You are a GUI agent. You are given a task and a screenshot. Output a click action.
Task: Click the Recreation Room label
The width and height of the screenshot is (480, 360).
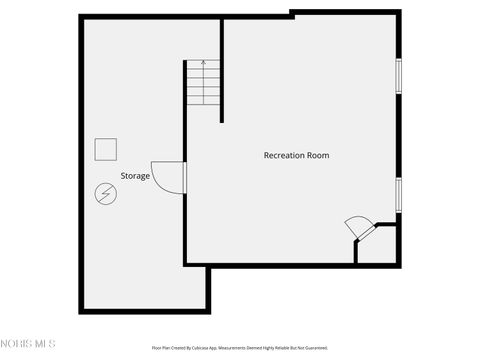(296, 155)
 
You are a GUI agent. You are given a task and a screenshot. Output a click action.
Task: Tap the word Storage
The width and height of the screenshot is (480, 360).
(135, 176)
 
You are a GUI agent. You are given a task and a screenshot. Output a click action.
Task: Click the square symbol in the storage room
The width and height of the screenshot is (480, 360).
(104, 148)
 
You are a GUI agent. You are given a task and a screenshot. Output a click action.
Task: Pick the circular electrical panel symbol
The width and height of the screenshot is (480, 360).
(104, 193)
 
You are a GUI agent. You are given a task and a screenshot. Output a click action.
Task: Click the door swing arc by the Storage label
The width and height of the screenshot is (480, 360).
(166, 176)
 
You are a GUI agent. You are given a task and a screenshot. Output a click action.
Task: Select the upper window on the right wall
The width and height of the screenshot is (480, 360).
(398, 76)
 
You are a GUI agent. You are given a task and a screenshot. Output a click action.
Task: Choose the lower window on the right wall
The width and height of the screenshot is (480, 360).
(398, 194)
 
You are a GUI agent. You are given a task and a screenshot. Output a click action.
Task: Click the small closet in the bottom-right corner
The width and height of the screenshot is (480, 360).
(378, 245)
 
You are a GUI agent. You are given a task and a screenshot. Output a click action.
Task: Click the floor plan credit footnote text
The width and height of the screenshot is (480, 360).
(239, 348)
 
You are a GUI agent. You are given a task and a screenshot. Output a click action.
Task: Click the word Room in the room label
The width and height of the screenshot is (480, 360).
(319, 155)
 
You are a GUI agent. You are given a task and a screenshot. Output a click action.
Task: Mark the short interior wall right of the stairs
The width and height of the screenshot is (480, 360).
(221, 70)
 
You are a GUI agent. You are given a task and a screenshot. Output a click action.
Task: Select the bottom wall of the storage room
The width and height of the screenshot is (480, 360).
(145, 311)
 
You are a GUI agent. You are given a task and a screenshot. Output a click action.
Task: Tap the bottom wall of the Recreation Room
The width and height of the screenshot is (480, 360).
(270, 264)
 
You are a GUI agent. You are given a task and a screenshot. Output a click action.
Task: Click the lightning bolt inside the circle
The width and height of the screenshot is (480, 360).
(104, 193)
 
